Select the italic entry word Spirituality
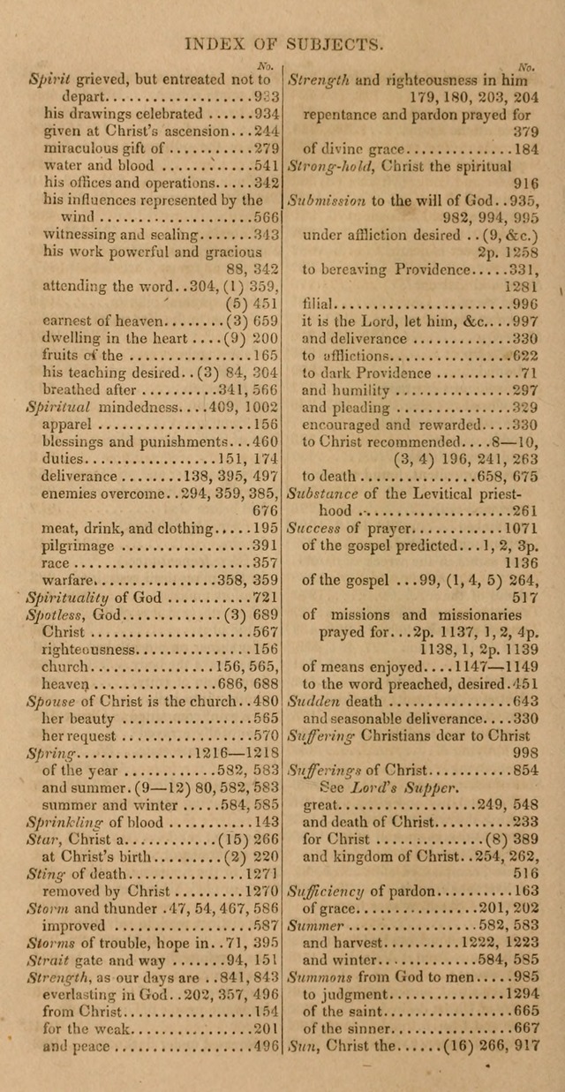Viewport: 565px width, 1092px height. point(69,598)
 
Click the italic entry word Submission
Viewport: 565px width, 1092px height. point(328,200)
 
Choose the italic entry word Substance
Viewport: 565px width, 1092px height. point(324,493)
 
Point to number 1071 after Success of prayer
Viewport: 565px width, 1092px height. point(519,528)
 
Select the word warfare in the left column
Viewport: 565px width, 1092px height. point(68,580)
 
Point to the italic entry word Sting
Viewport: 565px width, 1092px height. point(45,873)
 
